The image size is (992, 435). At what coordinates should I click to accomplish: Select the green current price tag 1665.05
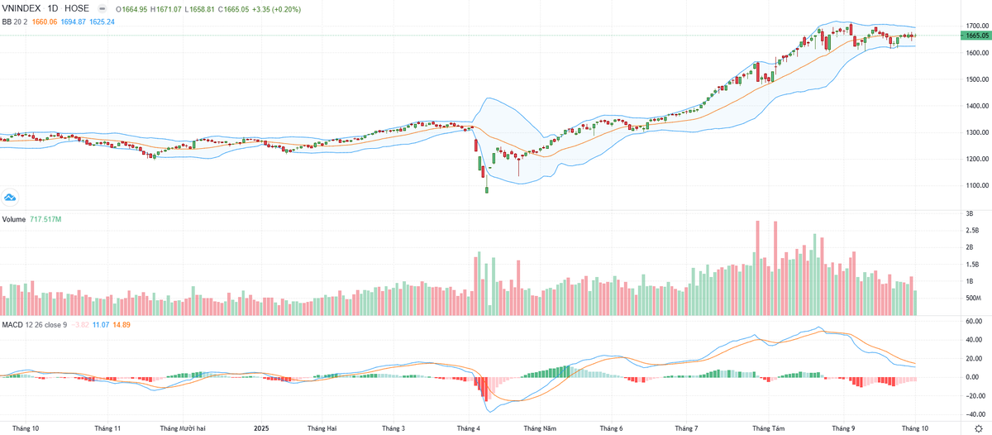976,36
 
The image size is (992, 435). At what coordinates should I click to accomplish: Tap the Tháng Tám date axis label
768,428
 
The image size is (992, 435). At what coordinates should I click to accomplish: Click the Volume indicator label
13,219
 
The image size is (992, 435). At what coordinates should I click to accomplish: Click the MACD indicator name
12,324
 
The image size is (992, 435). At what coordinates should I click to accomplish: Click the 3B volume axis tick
969,213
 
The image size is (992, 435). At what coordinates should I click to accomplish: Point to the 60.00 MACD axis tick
974,320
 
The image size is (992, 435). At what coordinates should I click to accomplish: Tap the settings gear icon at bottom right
978,428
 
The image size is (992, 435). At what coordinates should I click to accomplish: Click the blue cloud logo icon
11,197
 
